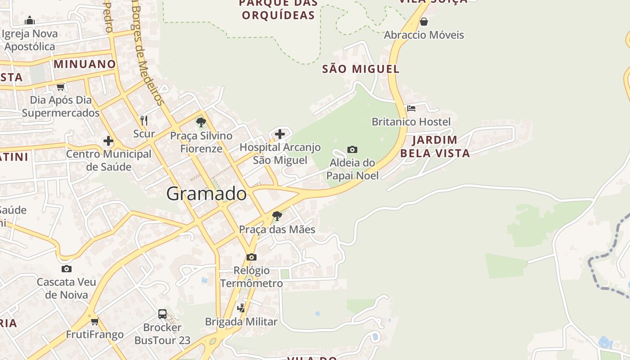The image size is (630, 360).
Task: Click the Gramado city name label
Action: point(207,193)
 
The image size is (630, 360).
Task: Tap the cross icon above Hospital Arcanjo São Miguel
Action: point(280,134)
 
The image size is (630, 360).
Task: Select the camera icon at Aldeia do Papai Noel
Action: point(352,149)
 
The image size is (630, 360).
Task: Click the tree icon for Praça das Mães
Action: point(277,216)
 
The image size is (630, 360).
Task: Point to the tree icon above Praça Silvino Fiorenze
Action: point(201,122)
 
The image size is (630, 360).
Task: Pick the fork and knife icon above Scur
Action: point(144,120)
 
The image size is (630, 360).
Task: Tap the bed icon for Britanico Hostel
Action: point(411,108)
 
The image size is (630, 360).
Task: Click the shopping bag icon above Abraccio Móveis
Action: point(423,22)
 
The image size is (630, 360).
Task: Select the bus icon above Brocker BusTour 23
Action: point(162,314)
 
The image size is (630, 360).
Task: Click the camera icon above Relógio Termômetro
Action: point(252,257)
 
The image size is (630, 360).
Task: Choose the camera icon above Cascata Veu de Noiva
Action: point(67,269)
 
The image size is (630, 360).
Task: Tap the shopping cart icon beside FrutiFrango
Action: point(95,321)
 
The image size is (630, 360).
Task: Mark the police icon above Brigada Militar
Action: point(241,308)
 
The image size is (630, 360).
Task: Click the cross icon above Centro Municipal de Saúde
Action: point(108,141)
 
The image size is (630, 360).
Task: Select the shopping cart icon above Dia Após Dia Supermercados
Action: point(61,87)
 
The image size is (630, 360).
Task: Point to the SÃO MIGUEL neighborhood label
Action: point(361,69)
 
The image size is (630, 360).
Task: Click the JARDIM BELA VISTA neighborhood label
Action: point(435,146)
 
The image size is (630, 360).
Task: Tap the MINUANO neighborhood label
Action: point(85,64)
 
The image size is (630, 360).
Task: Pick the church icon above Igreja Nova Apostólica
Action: point(30,20)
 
